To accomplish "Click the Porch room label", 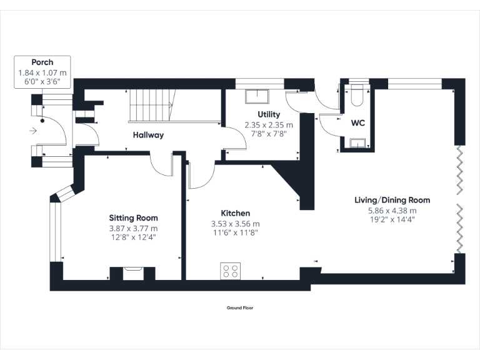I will pyautogui.click(x=42, y=62).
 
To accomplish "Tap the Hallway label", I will pyautogui.click(x=148, y=134).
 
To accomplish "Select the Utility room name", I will pyautogui.click(x=269, y=114).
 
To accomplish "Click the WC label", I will pyautogui.click(x=357, y=123).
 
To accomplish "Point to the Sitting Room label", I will pyautogui.click(x=133, y=218).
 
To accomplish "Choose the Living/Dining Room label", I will pyautogui.click(x=392, y=201).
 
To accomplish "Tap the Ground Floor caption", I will pyautogui.click(x=240, y=307).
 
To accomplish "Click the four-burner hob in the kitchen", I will pyautogui.click(x=230, y=271).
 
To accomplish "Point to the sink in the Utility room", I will pyautogui.click(x=257, y=96).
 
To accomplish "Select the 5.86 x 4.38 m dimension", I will pyautogui.click(x=392, y=211).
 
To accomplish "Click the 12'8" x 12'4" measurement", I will pyautogui.click(x=133, y=237).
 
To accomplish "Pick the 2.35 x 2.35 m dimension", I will pyautogui.click(x=269, y=124).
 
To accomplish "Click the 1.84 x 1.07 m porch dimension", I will pyautogui.click(x=42, y=72).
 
